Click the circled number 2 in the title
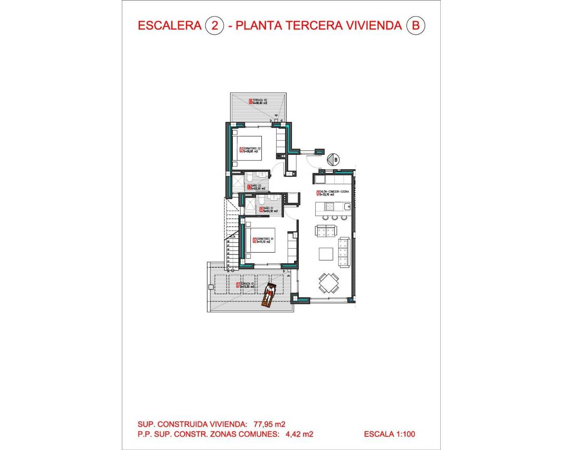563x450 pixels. point(215,25)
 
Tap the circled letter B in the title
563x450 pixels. point(416,25)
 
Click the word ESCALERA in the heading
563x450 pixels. point(169,25)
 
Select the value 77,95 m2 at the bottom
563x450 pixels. point(269,424)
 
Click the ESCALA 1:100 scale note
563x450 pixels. point(389,434)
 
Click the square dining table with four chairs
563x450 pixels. point(329,283)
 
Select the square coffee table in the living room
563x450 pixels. point(326,254)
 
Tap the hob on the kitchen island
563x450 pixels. point(329,206)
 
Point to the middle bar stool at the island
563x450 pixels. point(335,218)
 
